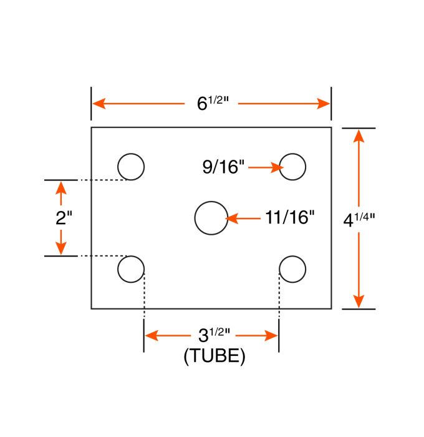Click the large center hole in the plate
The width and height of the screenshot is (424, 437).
211,218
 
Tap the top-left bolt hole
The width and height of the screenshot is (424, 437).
131,167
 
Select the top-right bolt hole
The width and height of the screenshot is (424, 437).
292,167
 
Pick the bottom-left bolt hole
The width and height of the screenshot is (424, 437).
131,269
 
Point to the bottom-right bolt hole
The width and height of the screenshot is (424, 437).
292,269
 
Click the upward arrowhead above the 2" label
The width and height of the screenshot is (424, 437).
60,187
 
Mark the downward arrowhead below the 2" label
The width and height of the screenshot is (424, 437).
60,249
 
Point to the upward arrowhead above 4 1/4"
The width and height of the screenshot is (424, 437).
359,134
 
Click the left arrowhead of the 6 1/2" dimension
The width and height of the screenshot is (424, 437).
99,104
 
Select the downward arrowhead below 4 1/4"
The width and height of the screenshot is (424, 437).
359,302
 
